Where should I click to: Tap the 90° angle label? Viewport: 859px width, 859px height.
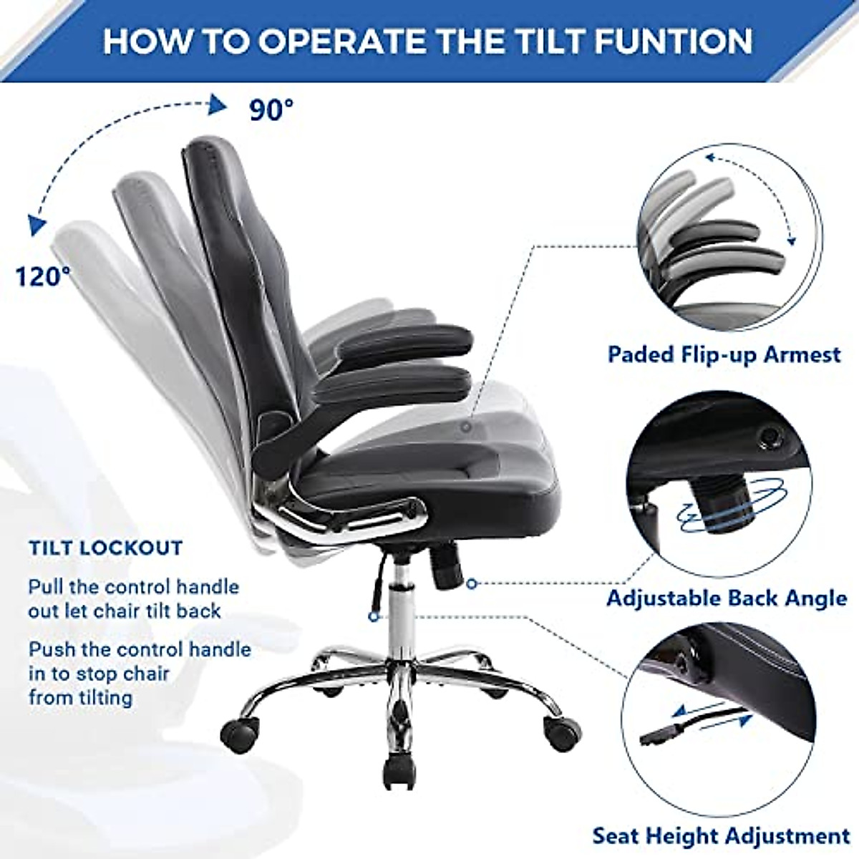271,109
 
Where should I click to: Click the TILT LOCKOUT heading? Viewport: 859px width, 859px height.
106,549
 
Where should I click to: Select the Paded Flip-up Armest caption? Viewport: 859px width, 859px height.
724,354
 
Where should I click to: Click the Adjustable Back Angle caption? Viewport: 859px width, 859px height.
727,598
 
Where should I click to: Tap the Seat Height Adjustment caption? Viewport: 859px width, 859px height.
721,836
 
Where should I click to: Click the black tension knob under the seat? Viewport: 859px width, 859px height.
446,560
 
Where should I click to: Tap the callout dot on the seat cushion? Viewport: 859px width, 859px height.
466,427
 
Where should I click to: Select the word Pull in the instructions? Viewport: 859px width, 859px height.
44,587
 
